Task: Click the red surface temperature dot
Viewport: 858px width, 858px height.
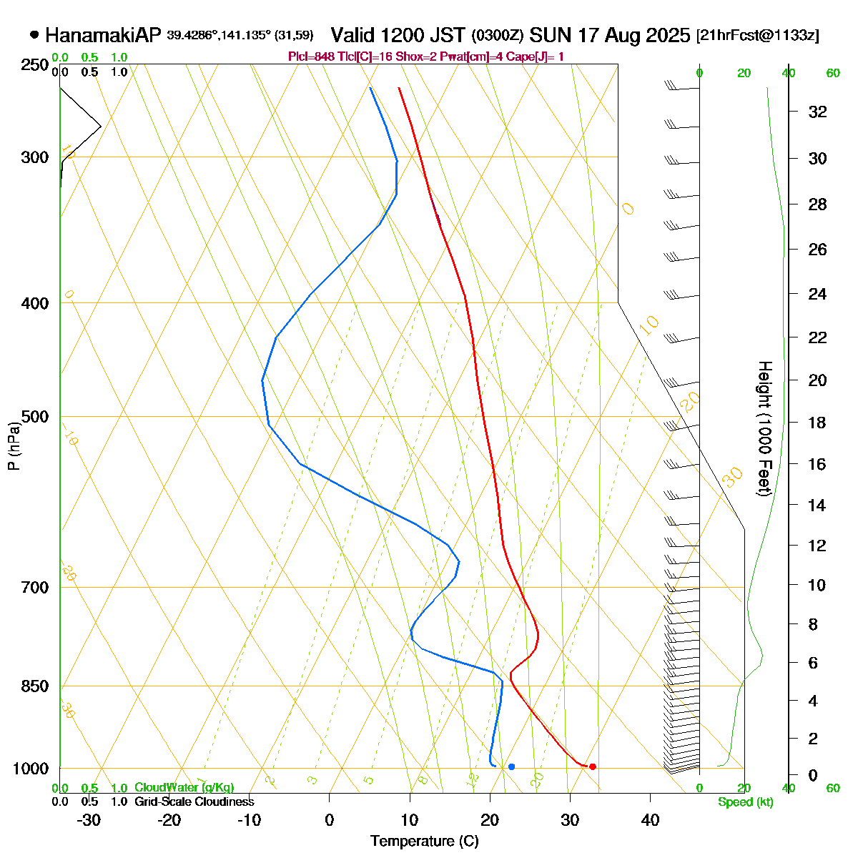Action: click(592, 766)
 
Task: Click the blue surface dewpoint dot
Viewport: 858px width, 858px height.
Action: click(511, 766)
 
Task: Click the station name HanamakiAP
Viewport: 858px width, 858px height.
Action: click(104, 35)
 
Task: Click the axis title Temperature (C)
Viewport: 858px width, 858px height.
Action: click(424, 841)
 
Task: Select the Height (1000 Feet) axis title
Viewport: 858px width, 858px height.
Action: click(764, 429)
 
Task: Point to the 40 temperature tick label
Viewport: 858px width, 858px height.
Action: click(650, 819)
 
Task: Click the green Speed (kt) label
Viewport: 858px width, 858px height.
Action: click(745, 802)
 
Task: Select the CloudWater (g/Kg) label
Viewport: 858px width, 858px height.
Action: click(184, 788)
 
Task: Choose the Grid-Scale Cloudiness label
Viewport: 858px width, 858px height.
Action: click(194, 802)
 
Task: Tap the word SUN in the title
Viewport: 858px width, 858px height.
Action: click(551, 35)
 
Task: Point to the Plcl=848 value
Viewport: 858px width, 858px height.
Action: click(310, 56)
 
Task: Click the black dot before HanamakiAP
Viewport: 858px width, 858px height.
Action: click(34, 34)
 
